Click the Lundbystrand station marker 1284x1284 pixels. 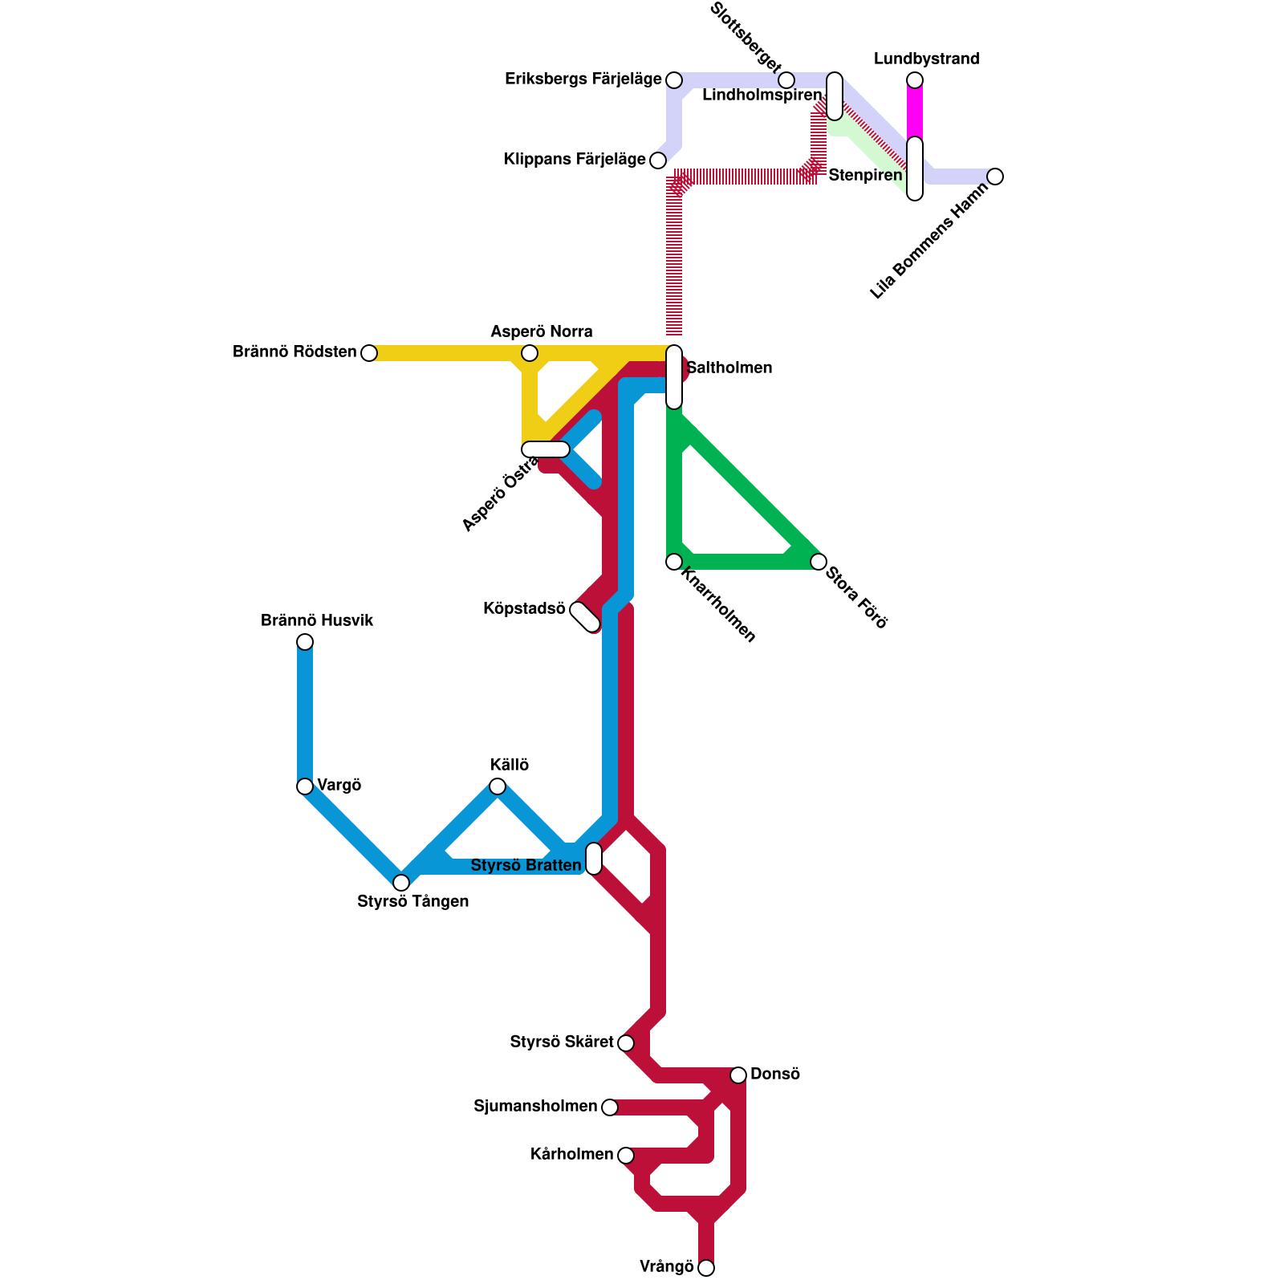tap(915, 79)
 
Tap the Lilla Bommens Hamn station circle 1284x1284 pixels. tap(995, 176)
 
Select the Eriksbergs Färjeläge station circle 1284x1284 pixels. tap(674, 79)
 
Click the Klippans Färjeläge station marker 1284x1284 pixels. tap(658, 160)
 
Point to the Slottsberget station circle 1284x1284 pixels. tap(786, 79)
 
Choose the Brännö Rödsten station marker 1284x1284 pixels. tap(369, 352)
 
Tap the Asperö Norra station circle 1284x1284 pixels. tap(530, 352)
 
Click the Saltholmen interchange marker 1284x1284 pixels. tap(674, 376)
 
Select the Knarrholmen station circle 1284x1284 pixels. tap(674, 561)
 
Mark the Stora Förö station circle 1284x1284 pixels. tap(819, 561)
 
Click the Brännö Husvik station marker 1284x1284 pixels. tap(305, 641)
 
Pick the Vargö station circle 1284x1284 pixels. tap(305, 786)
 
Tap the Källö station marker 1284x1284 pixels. tap(498, 786)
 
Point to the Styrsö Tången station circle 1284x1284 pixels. tap(401, 882)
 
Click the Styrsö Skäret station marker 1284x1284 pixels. tap(626, 1042)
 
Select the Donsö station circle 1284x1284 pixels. tap(738, 1075)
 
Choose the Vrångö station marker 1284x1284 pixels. tap(706, 1267)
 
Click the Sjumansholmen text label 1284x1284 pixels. tap(535, 1107)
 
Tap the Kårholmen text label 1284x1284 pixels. tap(571, 1155)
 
